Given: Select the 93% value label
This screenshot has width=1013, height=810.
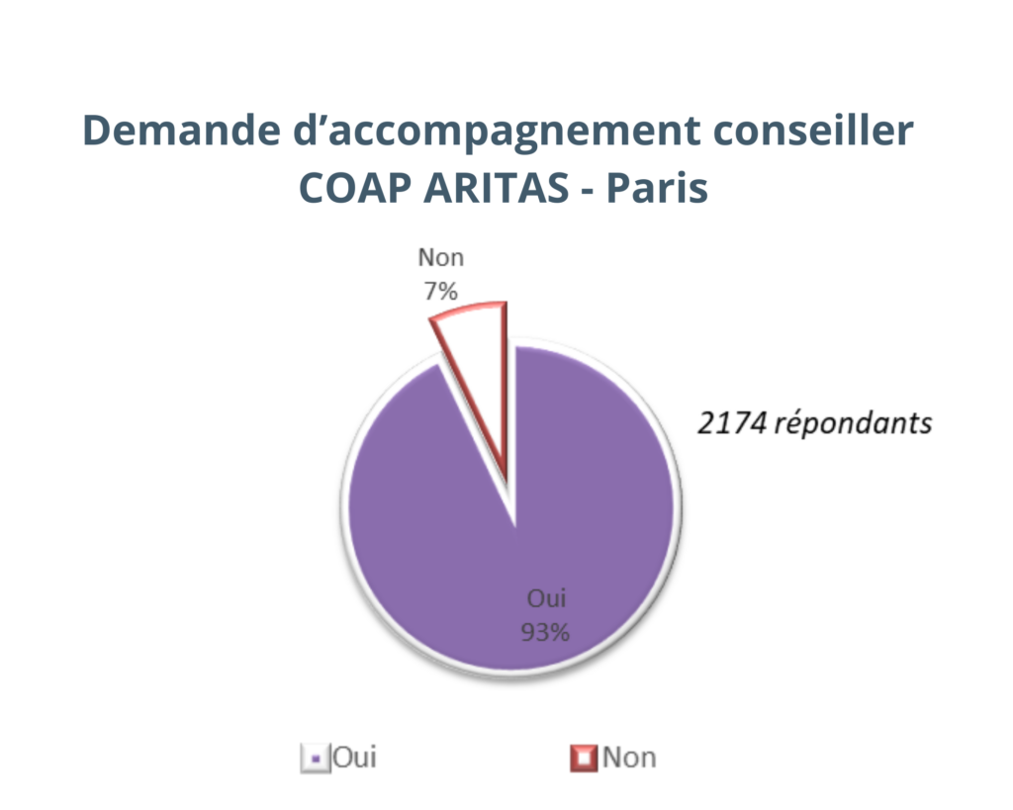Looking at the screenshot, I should pyautogui.click(x=545, y=631).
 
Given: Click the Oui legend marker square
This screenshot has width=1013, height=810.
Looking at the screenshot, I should pyautogui.click(x=314, y=760).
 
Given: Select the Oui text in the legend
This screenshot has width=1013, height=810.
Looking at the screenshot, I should pyautogui.click(x=354, y=758).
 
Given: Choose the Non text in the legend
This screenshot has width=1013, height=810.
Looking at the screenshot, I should pyautogui.click(x=629, y=758).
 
